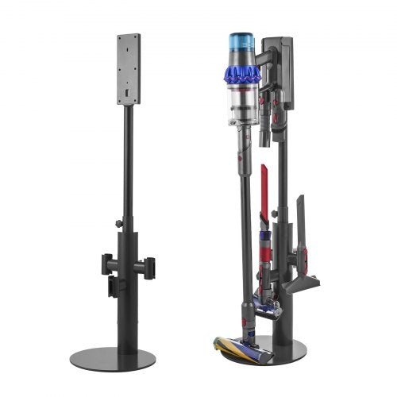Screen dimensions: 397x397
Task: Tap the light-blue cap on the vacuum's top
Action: coord(240,41)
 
